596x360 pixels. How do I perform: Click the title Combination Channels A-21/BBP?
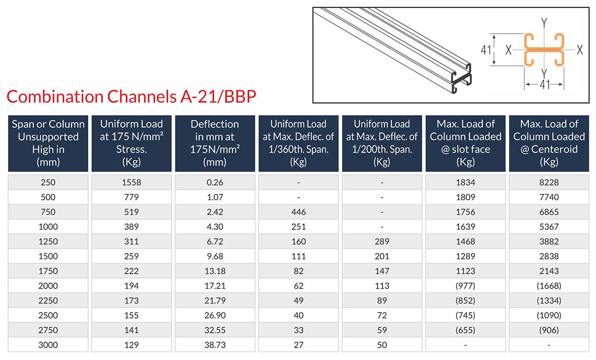[132, 96]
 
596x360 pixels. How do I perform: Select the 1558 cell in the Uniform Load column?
[132, 182]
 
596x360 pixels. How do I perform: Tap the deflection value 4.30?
[215, 227]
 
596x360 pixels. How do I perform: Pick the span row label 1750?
[48, 271]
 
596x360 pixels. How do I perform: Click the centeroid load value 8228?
[549, 182]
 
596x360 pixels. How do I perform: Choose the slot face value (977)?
[465, 286]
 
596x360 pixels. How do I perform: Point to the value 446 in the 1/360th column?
[298, 212]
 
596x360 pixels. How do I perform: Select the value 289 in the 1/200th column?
[381, 242]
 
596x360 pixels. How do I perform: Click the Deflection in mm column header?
[215, 143]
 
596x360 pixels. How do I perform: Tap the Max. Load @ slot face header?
[465, 143]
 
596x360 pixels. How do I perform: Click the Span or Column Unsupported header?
[48, 143]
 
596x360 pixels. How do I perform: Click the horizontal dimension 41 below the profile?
[544, 85]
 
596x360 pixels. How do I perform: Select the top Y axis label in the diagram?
[544, 22]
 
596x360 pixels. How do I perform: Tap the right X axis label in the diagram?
[579, 50]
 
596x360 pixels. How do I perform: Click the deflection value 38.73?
[215, 345]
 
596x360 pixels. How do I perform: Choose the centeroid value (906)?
[549, 330]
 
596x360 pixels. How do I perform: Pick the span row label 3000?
[48, 345]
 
